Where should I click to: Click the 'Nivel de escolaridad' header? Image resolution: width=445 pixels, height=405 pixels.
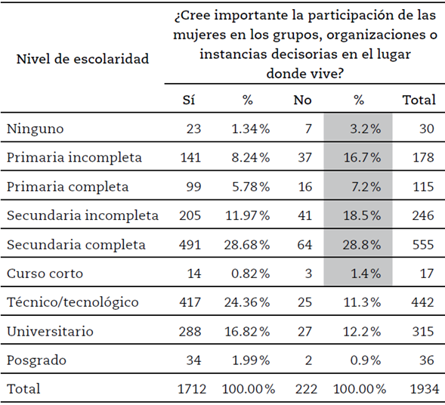coord(82,58)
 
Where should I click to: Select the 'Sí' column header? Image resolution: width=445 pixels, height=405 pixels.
coord(189,100)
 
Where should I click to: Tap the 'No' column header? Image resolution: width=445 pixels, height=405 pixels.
coord(304,100)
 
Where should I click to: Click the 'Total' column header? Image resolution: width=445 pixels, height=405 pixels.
coord(419,100)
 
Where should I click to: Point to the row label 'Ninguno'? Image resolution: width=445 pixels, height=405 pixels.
coord(35,129)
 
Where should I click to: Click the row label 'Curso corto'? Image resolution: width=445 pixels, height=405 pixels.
coord(44,274)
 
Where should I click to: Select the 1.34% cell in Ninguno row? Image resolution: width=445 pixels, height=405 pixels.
coord(249,129)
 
